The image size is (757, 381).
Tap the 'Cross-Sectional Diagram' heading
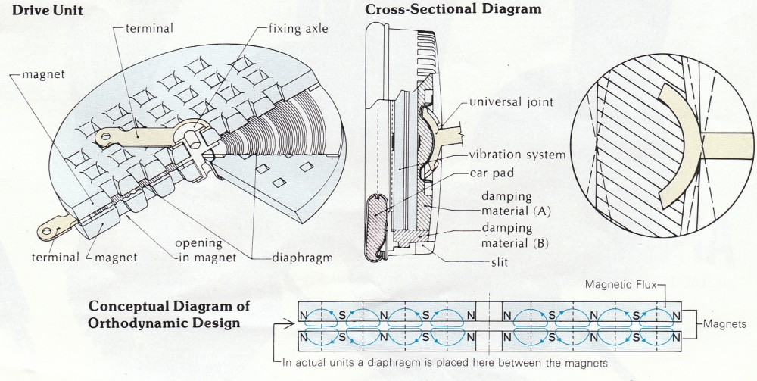point(453,10)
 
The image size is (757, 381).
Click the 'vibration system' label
point(517,155)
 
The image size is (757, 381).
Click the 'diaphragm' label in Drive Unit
point(303,258)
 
